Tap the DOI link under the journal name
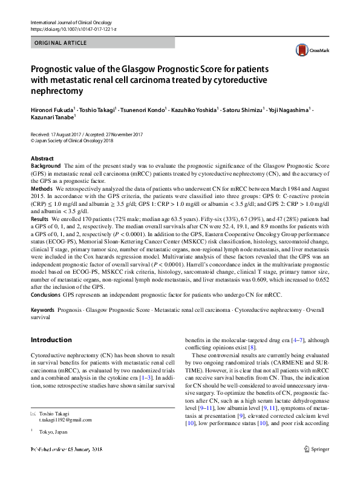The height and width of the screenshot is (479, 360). pos(73,29)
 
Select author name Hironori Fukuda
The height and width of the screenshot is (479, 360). pos(52,110)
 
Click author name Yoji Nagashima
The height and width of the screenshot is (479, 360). pos(287,110)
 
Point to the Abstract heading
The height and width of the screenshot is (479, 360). pos(42,157)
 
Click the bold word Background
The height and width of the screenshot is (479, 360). pos(45,165)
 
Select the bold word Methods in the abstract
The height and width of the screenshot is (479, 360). pos(41,189)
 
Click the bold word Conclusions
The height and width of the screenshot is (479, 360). pos(45,294)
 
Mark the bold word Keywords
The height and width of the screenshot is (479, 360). pos(44,310)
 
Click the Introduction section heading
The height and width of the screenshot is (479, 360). pos(51,340)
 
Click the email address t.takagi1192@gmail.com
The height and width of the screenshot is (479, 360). pos(65,437)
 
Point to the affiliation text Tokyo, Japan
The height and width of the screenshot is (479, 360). pos(53,450)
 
